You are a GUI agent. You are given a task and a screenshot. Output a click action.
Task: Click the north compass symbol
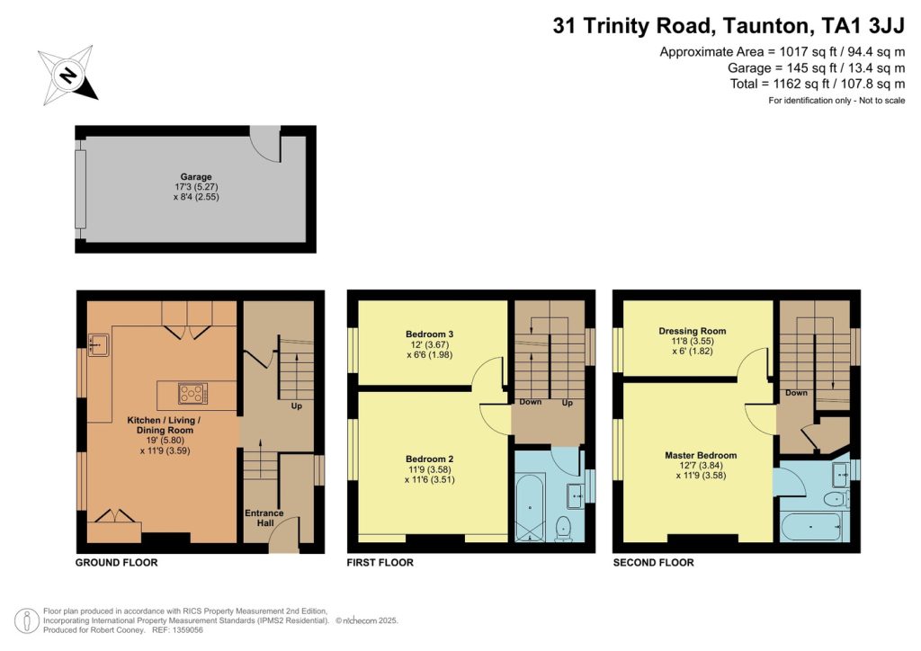point(67,76)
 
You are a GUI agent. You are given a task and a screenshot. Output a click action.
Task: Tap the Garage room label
point(196,177)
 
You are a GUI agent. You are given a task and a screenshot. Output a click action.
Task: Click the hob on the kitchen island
point(192,393)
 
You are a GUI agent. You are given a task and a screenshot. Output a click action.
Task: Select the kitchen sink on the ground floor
point(97,344)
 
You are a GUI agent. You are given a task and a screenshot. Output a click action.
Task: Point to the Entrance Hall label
point(264,518)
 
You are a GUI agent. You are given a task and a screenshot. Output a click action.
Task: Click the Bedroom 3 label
point(429,334)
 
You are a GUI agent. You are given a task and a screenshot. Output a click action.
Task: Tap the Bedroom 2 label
point(429,459)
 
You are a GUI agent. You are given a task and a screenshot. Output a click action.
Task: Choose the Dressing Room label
point(693,331)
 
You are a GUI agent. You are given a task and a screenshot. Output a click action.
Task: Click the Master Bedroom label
point(701,455)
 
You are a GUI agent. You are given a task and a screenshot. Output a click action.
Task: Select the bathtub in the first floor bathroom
point(531,508)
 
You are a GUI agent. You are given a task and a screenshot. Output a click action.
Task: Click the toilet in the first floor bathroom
point(563,528)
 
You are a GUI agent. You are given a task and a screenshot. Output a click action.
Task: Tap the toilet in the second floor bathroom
point(836,500)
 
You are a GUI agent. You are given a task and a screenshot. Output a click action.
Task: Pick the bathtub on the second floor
point(811,527)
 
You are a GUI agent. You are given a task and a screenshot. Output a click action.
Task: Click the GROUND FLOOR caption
point(116,562)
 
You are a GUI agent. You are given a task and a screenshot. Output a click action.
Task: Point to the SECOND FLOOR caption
point(653,562)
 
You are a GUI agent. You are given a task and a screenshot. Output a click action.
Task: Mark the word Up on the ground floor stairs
point(297,406)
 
